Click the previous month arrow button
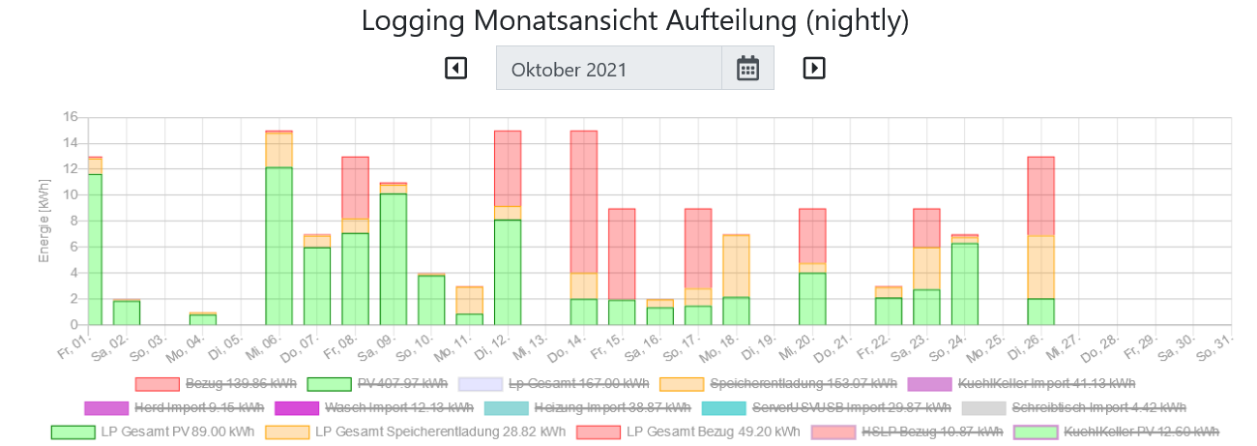tap(455, 68)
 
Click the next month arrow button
tap(814, 68)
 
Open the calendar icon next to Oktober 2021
tap(747, 68)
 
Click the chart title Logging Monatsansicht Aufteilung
tap(634, 21)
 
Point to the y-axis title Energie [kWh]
tap(44, 222)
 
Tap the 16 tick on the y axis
tap(70, 117)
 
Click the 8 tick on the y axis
tap(70, 222)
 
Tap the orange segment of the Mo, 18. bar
tap(736, 266)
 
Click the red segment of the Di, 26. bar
tap(1040, 196)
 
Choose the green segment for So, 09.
tap(393, 259)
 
